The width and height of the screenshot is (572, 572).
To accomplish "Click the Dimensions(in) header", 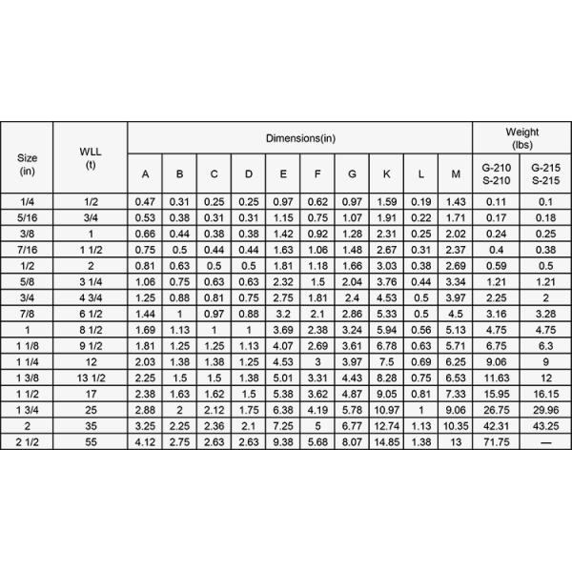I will point(300,138).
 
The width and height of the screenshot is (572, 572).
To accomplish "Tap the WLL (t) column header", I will point(91,157).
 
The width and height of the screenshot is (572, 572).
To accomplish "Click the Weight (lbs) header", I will point(521,138).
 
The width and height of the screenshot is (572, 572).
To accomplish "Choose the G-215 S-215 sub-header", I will point(545,174).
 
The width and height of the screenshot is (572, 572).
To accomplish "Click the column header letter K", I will point(386,174).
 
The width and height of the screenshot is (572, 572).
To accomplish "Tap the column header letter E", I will point(283,174).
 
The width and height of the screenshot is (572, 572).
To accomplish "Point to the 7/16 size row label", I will point(27,250).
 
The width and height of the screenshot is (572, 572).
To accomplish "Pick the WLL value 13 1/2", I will point(91,378).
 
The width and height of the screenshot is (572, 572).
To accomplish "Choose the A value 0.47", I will point(145,201).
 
